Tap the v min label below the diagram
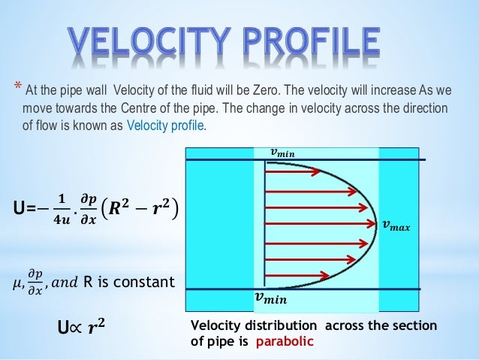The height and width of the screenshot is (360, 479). pyautogui.click(x=271, y=299)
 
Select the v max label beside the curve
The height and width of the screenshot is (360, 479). pyautogui.click(x=397, y=224)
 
